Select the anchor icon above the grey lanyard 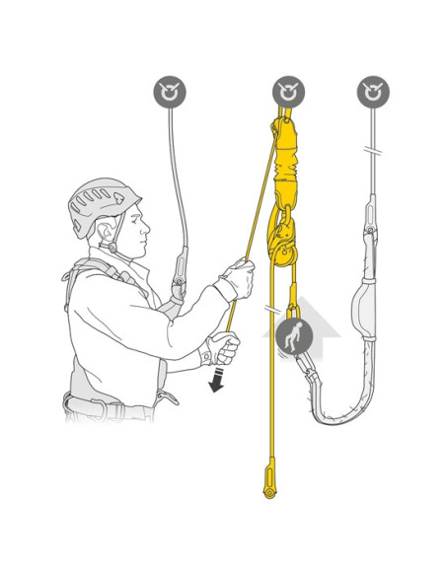click(372, 93)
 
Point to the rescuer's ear click(111, 233)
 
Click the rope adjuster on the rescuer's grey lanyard click(179, 275)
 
